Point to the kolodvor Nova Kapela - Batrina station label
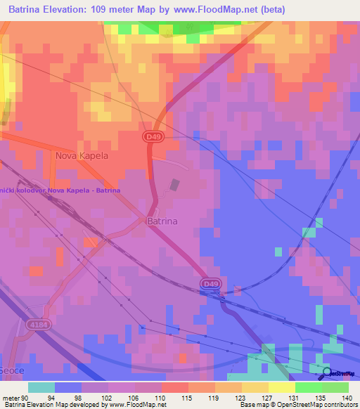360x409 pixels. [60, 190]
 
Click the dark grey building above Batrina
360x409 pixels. [174, 186]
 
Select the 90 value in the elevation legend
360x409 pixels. [26, 396]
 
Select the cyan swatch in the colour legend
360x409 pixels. [41, 387]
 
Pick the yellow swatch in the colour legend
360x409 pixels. [282, 387]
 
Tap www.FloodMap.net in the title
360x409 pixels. [212, 8]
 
